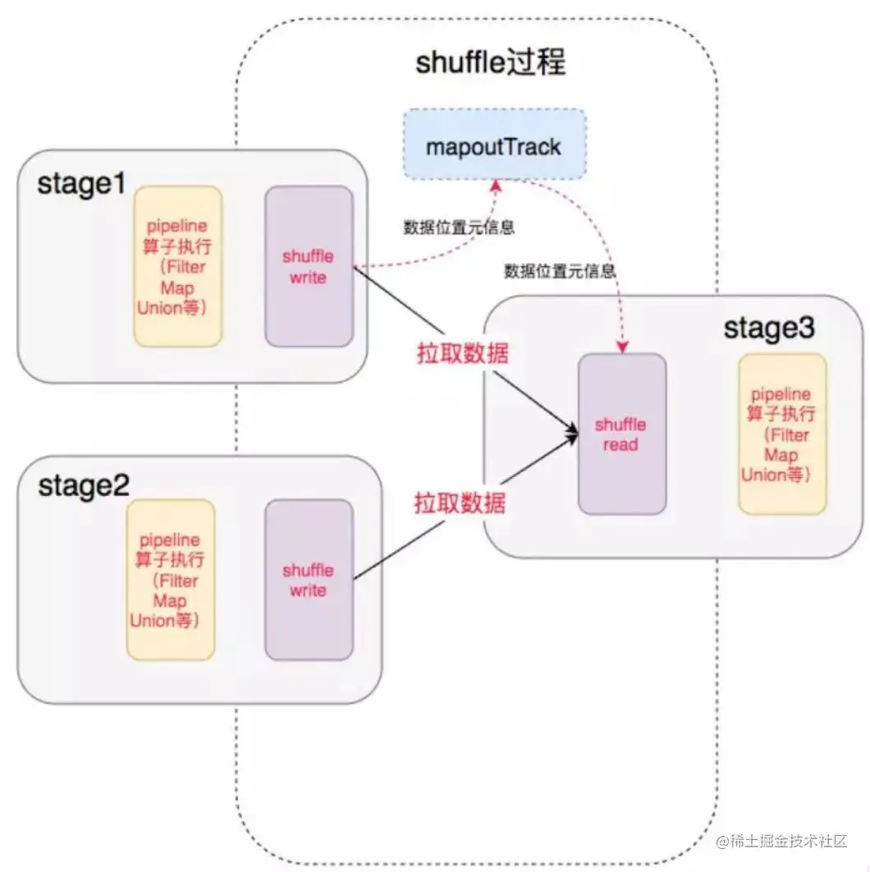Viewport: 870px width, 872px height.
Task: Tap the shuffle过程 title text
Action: click(x=491, y=62)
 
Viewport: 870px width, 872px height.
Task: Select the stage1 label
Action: click(x=81, y=183)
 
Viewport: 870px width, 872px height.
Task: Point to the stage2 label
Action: click(x=83, y=485)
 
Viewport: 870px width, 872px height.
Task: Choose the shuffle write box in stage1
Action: click(x=309, y=267)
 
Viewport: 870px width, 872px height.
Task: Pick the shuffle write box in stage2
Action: click(x=309, y=580)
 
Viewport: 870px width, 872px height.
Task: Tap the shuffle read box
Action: click(x=621, y=434)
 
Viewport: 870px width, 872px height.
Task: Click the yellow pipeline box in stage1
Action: click(x=178, y=266)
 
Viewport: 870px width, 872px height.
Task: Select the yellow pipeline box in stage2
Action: click(x=170, y=580)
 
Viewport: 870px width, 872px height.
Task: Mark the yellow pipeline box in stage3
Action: click(x=781, y=434)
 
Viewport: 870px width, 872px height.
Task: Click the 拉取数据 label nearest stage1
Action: click(x=460, y=354)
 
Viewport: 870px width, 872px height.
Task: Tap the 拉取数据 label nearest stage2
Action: click(x=460, y=502)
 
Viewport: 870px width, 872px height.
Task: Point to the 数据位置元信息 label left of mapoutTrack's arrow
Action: click(x=459, y=227)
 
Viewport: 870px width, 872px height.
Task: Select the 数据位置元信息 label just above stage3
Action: click(x=561, y=270)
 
